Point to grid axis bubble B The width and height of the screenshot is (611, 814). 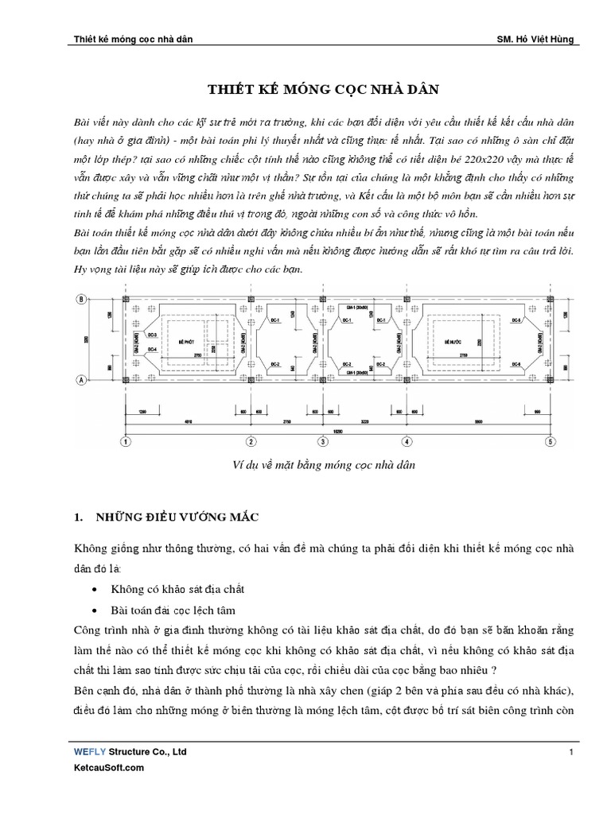[x=80, y=299]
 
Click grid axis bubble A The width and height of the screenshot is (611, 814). [x=80, y=379]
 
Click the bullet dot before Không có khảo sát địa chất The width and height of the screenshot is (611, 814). [x=95, y=589]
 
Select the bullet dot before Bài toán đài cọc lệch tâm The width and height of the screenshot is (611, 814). [x=95, y=610]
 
